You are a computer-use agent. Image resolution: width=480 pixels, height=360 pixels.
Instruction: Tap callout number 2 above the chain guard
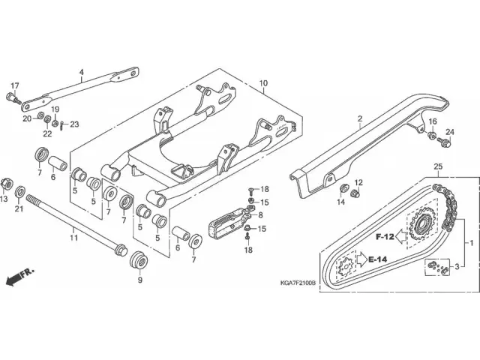tap(359, 119)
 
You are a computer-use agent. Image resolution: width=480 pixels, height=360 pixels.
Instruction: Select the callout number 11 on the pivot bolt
tap(73, 238)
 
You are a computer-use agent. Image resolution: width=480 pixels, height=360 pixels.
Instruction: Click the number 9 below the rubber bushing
tap(139, 281)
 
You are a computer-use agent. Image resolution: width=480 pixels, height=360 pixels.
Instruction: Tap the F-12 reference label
tap(385, 236)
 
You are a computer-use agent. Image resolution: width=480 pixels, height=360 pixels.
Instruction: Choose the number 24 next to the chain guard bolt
tap(450, 132)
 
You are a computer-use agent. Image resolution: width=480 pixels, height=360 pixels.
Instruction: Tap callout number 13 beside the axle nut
tap(4, 199)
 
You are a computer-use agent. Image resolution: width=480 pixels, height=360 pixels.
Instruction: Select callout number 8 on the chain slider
tap(259, 215)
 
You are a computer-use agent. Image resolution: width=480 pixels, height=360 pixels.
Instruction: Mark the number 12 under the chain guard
tap(358, 183)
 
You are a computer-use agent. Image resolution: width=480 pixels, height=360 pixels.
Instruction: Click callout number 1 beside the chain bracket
tap(471, 244)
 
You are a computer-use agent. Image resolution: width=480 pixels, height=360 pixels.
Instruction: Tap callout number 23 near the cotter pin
tap(74, 124)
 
